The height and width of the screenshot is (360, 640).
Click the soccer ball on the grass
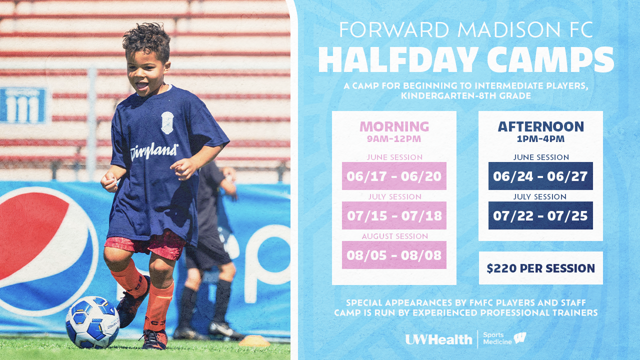[92, 322]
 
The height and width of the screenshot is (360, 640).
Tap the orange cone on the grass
[254, 341]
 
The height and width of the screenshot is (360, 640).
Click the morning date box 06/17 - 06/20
[394, 176]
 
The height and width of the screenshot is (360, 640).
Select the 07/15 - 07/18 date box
[394, 215]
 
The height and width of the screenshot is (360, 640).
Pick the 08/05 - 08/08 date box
[394, 255]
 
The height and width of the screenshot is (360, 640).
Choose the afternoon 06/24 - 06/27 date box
[540, 176]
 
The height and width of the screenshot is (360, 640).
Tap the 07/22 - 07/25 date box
[540, 215]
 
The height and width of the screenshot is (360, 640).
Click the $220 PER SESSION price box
[541, 268]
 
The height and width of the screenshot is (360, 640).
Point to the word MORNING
[394, 126]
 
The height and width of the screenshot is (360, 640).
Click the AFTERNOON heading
[541, 126]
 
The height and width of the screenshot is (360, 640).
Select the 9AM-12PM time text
[394, 139]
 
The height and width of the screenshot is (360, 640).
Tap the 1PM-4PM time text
[540, 139]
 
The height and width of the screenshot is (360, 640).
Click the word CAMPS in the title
[550, 59]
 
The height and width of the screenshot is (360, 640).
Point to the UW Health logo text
[439, 339]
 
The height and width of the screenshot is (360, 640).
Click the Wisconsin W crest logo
[520, 338]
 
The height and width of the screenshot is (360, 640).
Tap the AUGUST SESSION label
[395, 236]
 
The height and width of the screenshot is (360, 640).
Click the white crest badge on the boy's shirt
[167, 122]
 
